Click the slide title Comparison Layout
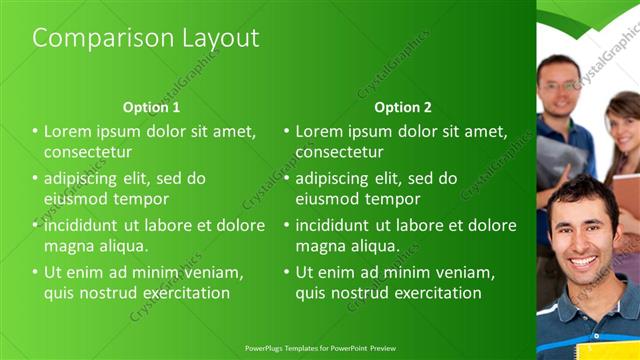tap(146, 39)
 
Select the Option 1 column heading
tap(151, 107)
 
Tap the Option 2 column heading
tap(403, 107)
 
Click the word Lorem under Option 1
tap(66, 131)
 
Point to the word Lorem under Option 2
tap(318, 131)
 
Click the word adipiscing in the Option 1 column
tap(85, 178)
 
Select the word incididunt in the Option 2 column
tap(338, 225)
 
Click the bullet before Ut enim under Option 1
tap(35, 272)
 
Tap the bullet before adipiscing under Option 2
tap(287, 178)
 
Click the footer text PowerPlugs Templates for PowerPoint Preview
tap(319, 348)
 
